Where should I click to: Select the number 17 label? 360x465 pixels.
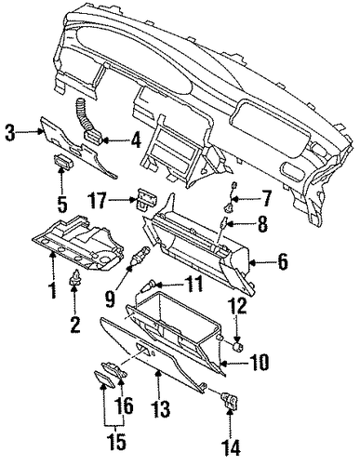pos(98,200)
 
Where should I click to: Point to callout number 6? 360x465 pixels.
pos(282,262)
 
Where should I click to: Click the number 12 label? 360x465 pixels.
pos(238,306)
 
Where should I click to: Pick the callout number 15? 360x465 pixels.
pos(115,441)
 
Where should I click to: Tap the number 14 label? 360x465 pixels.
pos(231,447)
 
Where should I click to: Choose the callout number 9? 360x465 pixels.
pos(111,299)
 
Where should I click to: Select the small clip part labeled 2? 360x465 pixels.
pos(74,277)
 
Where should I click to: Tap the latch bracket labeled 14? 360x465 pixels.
pos(230,400)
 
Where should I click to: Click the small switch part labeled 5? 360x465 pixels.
pos(64,160)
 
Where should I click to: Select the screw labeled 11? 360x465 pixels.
pos(148,286)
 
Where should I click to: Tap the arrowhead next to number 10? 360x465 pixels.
pos(224,362)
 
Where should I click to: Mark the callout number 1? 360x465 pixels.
pos(53,289)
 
